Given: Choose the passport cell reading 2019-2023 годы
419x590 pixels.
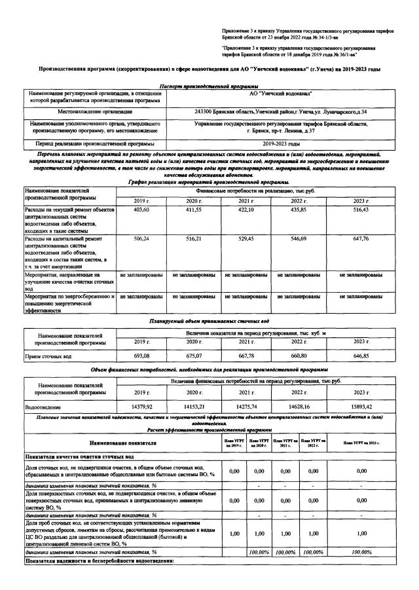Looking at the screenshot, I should point(281,143).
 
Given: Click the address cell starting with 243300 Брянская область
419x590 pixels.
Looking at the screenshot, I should point(281,112).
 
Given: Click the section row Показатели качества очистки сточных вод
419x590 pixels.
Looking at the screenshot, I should point(80,456).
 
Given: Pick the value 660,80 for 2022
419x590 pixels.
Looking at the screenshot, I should point(299,356).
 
